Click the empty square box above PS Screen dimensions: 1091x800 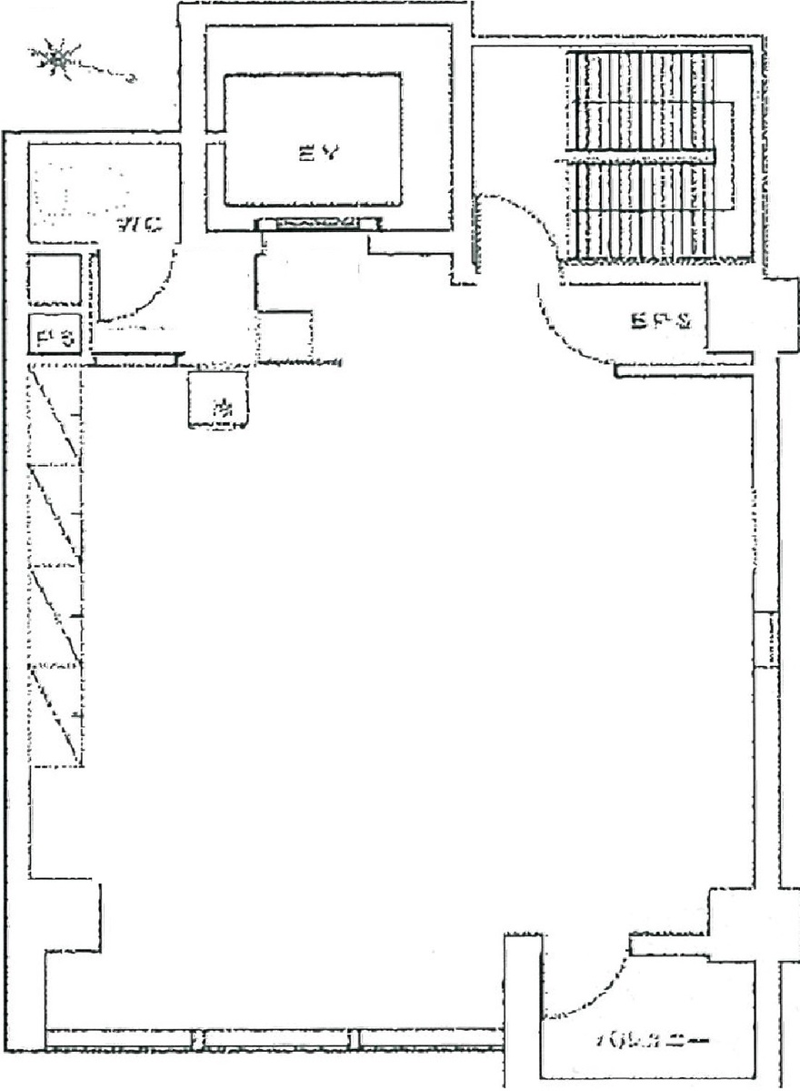pos(55,278)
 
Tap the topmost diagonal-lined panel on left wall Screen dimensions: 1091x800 pos(56,415)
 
